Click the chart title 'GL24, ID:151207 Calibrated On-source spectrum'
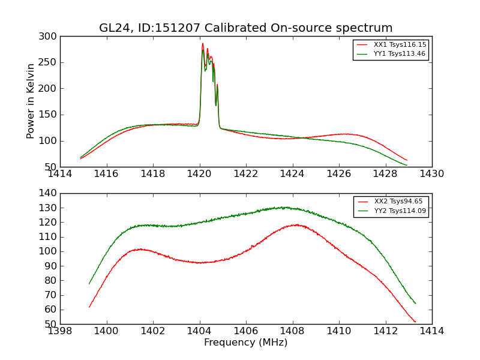click(x=245, y=28)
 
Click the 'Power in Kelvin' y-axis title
click(x=31, y=101)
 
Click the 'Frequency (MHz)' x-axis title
click(x=245, y=343)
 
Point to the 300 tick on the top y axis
click(x=49, y=37)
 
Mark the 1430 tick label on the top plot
click(x=431, y=173)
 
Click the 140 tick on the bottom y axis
click(x=49, y=193)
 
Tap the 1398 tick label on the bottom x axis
click(x=60, y=331)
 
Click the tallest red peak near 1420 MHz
click(x=203, y=43)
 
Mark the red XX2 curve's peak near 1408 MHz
click(x=296, y=225)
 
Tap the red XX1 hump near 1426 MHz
click(x=345, y=134)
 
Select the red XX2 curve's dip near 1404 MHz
click(x=200, y=262)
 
